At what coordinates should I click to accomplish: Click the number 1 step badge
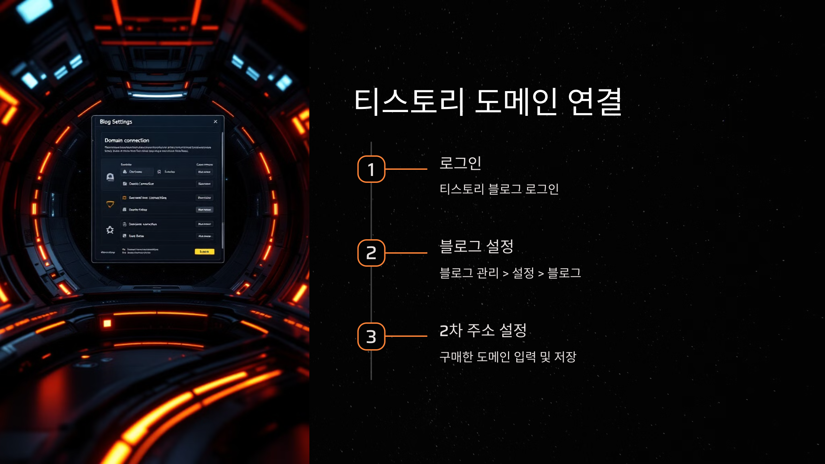pyautogui.click(x=371, y=169)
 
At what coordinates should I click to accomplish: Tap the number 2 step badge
pyautogui.click(x=371, y=253)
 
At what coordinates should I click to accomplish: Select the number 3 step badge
pyautogui.click(x=371, y=336)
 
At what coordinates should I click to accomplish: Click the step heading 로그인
pyautogui.click(x=460, y=163)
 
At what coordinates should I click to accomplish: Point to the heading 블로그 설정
pyautogui.click(x=476, y=246)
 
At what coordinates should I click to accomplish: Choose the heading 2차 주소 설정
pyautogui.click(x=483, y=330)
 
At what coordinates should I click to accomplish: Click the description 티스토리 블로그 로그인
pyautogui.click(x=499, y=189)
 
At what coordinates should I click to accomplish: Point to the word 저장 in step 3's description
pyautogui.click(x=565, y=357)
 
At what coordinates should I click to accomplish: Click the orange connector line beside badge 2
pyautogui.click(x=406, y=253)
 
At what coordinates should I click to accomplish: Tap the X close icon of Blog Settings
pyautogui.click(x=216, y=122)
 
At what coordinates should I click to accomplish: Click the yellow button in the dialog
pyautogui.click(x=204, y=252)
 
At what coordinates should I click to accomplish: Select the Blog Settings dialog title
pyautogui.click(x=116, y=122)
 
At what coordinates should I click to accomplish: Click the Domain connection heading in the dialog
pyautogui.click(x=127, y=140)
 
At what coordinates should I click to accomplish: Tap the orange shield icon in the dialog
pyautogui.click(x=110, y=205)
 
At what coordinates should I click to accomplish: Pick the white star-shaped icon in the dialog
pyautogui.click(x=110, y=230)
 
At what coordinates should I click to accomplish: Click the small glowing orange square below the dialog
pyautogui.click(x=107, y=323)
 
